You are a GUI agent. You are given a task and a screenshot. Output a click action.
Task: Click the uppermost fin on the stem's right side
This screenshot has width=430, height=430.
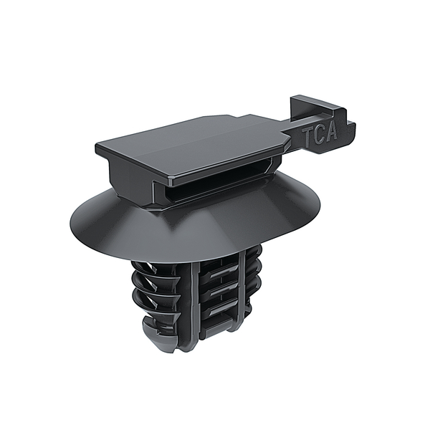pyautogui.click(x=254, y=258)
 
